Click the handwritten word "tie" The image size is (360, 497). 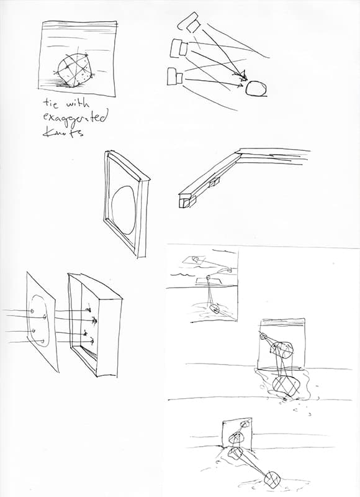point(51,103)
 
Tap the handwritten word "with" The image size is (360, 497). point(78,103)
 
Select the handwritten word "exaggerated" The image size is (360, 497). point(74,119)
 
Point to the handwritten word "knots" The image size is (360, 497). point(63,132)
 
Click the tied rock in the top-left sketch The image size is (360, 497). point(75,70)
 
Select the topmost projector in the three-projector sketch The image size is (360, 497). point(189,22)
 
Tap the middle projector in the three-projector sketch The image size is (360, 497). point(179,48)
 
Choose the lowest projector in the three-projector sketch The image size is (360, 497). point(175,76)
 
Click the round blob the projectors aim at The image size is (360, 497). point(256,88)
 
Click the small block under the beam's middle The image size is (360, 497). point(214,183)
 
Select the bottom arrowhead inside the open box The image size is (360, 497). point(91,341)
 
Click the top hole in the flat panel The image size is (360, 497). point(32,311)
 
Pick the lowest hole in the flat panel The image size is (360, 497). point(42,341)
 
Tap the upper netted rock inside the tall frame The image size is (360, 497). point(281,350)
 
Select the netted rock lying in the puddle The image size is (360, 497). point(286,386)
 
